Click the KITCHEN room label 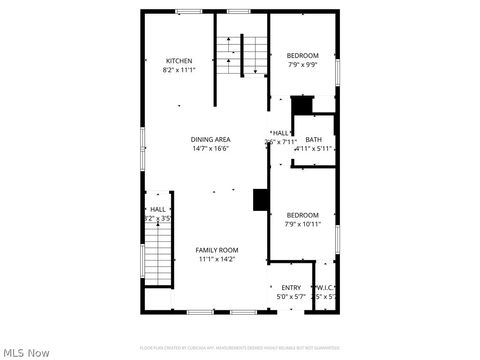click(x=179, y=60)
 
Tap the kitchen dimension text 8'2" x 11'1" click(x=179, y=70)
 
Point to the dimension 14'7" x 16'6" click(x=211, y=148)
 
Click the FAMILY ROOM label click(x=216, y=250)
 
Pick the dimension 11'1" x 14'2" click(x=216, y=260)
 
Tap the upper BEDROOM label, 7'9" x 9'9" click(x=302, y=55)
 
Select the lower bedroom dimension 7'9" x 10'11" click(x=302, y=224)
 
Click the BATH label click(x=314, y=139)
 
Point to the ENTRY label click(x=290, y=288)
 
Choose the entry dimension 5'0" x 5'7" click(x=290, y=297)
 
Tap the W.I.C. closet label click(x=325, y=288)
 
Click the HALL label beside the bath click(x=281, y=133)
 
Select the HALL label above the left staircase click(x=158, y=209)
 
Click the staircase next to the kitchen click(x=244, y=55)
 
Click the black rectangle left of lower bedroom click(x=261, y=199)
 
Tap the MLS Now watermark click(x=27, y=352)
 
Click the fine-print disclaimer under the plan click(x=239, y=346)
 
